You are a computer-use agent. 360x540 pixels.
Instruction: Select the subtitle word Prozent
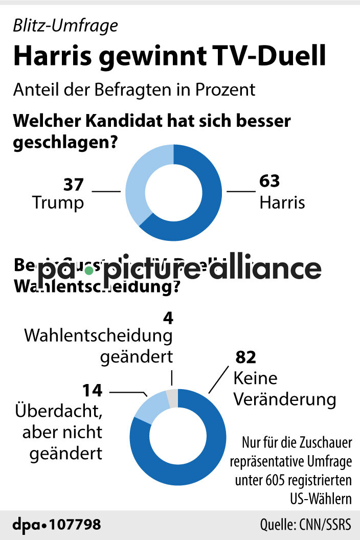pyautogui.click(x=226, y=89)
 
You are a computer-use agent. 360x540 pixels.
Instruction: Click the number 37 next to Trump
pyautogui.click(x=74, y=184)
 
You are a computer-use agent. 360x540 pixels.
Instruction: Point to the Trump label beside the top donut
pyautogui.click(x=58, y=202)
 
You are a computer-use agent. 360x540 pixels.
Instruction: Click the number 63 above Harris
pyautogui.click(x=270, y=182)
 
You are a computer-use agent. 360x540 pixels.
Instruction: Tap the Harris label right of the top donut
pyautogui.click(x=282, y=202)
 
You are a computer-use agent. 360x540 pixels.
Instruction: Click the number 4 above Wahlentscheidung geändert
pyautogui.click(x=168, y=318)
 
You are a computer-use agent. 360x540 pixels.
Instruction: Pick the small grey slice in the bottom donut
pyautogui.click(x=172, y=397)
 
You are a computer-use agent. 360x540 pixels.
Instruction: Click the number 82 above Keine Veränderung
pyautogui.click(x=245, y=357)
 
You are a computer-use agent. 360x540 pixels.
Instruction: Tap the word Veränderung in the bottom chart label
pyautogui.click(x=285, y=399)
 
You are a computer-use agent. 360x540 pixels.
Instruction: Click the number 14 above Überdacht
pyautogui.click(x=93, y=391)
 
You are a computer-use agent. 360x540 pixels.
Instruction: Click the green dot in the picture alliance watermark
pyautogui.click(x=89, y=269)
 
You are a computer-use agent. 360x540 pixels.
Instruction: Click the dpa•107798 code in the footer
pyautogui.click(x=57, y=525)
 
